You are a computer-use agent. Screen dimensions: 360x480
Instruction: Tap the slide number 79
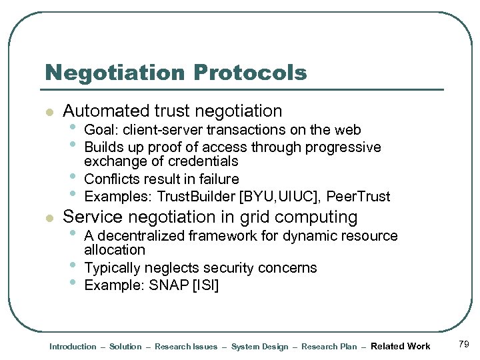464,344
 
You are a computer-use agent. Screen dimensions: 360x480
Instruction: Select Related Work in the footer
400,346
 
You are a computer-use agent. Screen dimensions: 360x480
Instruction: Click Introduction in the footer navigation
73,347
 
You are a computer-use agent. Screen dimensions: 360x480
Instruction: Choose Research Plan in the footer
329,347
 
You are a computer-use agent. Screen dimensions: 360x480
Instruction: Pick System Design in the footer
259,347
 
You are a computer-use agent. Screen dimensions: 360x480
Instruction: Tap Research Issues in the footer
186,347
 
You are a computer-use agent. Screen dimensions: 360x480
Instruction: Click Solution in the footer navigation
125,347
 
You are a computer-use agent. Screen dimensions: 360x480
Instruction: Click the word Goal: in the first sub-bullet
100,129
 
